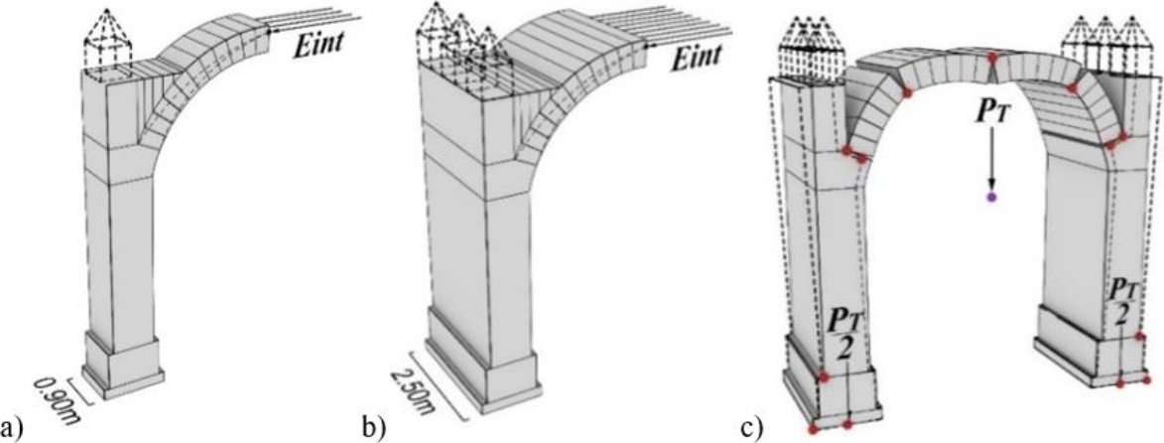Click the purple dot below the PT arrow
[x=990, y=199]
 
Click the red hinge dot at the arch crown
[x=992, y=58]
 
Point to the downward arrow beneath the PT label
[x=990, y=159]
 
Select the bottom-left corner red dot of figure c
[x=814, y=429]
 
